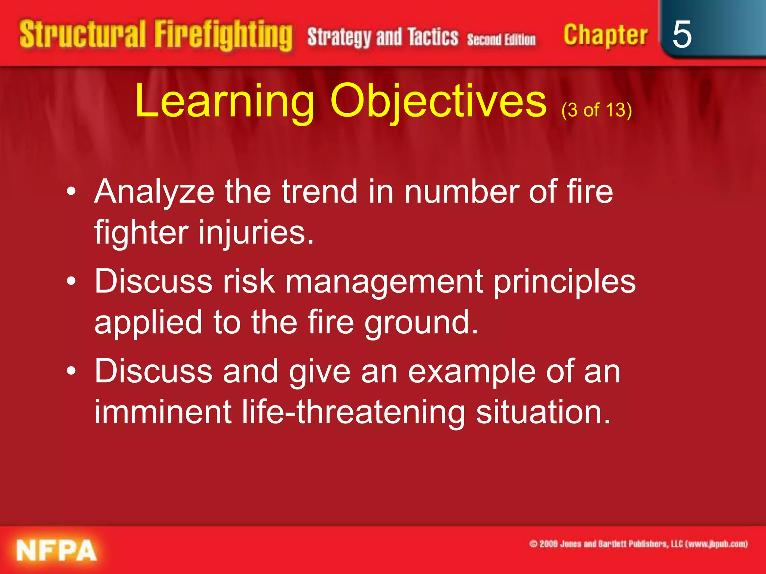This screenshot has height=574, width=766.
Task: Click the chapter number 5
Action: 681,34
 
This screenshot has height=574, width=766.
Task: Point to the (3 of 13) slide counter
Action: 597,110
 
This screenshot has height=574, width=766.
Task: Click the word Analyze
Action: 154,192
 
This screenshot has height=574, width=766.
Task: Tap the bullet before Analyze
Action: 71,192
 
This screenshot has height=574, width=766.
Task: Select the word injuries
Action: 256,232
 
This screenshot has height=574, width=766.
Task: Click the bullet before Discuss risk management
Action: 71,282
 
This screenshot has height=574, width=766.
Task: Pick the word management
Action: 384,283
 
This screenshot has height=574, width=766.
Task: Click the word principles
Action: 565,283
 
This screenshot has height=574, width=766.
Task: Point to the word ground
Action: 421,323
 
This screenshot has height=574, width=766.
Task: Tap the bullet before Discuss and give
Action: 71,372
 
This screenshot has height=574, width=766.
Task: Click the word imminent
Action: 163,412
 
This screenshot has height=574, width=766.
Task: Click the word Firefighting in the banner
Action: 223,36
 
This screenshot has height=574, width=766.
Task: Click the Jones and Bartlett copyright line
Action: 638,544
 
